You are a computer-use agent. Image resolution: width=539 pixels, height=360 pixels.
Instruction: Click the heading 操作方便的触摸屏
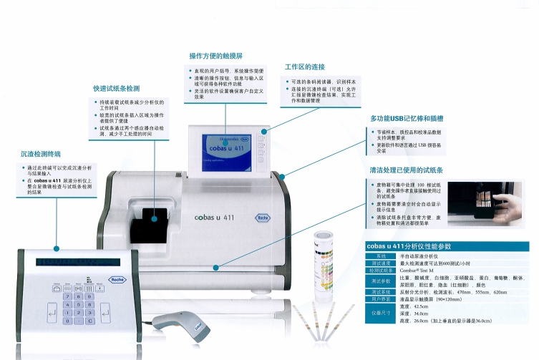[215, 55]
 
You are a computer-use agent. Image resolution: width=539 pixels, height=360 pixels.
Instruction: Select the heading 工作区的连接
[305, 67]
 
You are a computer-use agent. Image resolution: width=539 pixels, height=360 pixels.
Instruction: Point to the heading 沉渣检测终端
[41, 153]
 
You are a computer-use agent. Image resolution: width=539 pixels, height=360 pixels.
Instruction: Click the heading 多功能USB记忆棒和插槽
[406, 118]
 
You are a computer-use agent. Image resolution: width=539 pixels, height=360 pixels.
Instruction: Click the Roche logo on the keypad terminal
[117, 281]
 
